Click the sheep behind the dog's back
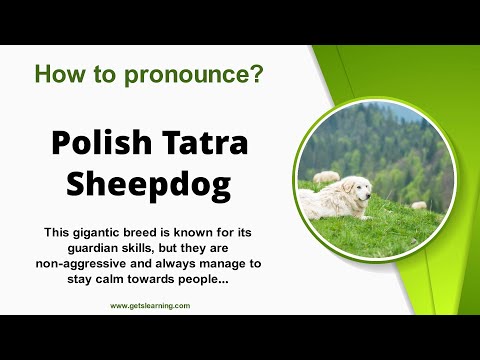327,178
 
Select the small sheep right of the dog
419,204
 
